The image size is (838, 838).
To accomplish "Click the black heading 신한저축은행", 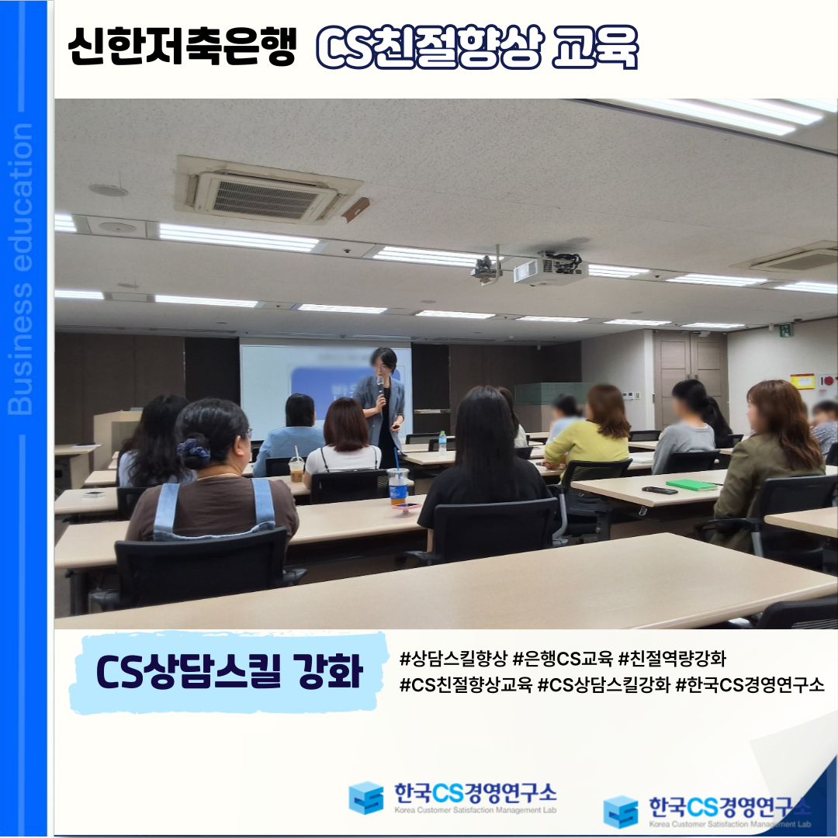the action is [182, 47].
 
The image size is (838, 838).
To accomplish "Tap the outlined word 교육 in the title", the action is [596, 47].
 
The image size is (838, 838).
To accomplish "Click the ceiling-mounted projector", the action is [550, 268].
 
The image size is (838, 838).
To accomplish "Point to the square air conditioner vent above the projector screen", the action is [267, 191].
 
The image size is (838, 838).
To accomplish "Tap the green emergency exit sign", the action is [786, 330].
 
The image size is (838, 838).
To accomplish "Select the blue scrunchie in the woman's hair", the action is [193, 449].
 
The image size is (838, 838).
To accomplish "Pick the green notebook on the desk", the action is [691, 485].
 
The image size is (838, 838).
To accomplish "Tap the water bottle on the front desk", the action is [442, 443].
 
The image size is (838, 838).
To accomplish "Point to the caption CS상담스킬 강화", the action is [230, 670].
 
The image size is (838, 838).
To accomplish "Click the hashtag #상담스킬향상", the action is [452, 659].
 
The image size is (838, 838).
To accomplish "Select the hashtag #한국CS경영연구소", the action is [750, 684].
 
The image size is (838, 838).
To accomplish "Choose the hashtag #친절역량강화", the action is [672, 659].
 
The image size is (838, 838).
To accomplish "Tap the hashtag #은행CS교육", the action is [563, 659].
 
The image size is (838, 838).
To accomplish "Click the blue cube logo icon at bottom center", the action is [366, 798].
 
